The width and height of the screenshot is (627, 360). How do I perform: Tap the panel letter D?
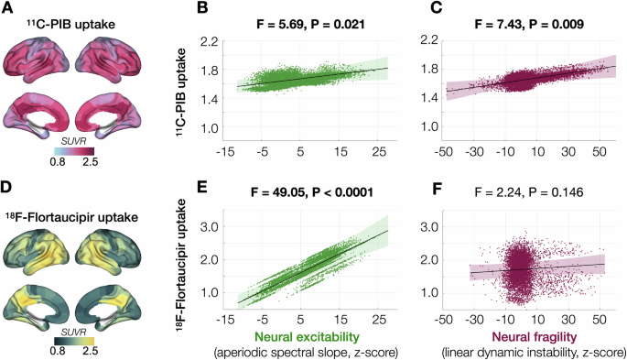pyautogui.click(x=7, y=190)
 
